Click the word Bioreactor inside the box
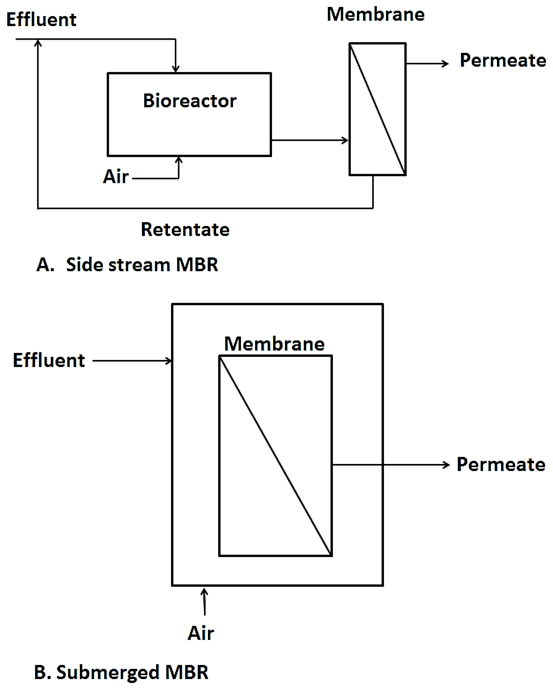pos(190,101)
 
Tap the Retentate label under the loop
pos(185,230)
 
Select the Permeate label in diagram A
pos(502,60)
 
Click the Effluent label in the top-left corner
pos(41,20)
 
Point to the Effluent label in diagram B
pos(49,360)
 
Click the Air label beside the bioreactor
pos(116,176)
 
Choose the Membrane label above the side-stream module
pos(376,15)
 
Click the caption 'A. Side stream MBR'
pos(127,265)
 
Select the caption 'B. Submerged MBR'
pos(121,672)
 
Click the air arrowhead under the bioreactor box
pos(179,159)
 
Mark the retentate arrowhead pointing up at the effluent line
pos(38,42)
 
